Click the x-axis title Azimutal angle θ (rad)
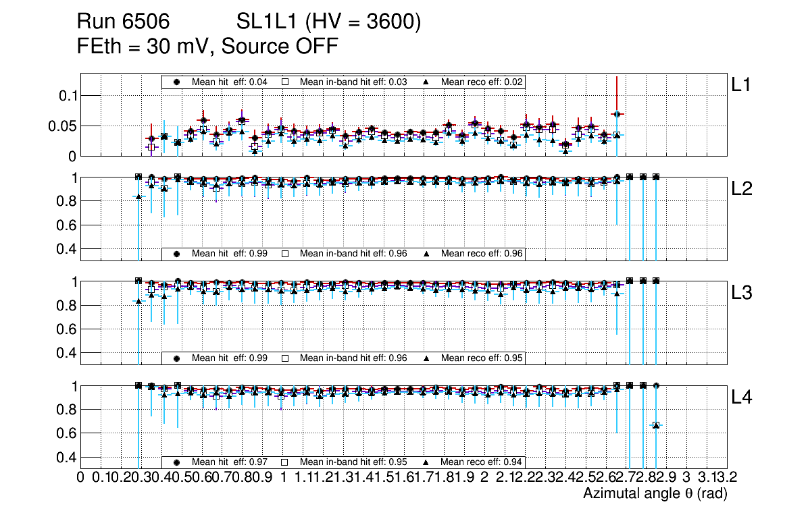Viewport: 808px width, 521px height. point(655,494)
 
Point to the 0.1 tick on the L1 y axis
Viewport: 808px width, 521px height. point(67,95)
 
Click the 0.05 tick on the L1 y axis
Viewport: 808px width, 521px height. point(63,126)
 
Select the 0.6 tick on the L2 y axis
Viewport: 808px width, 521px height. point(67,225)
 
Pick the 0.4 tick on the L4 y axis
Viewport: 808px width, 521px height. point(67,458)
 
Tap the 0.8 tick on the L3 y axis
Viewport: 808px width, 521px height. point(67,306)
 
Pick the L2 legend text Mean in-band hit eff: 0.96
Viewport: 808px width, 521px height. point(353,254)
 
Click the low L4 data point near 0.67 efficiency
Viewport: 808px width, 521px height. point(656,425)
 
